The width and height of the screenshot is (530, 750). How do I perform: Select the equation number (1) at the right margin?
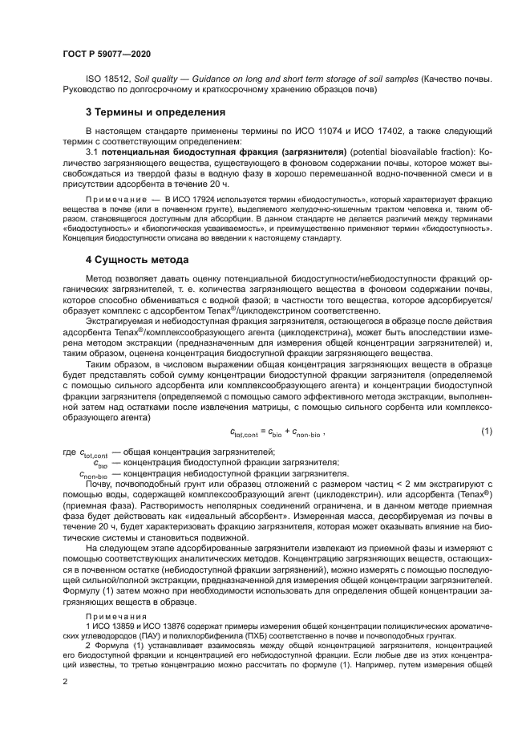[486, 432]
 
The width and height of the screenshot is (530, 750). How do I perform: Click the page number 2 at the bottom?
[65, 681]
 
